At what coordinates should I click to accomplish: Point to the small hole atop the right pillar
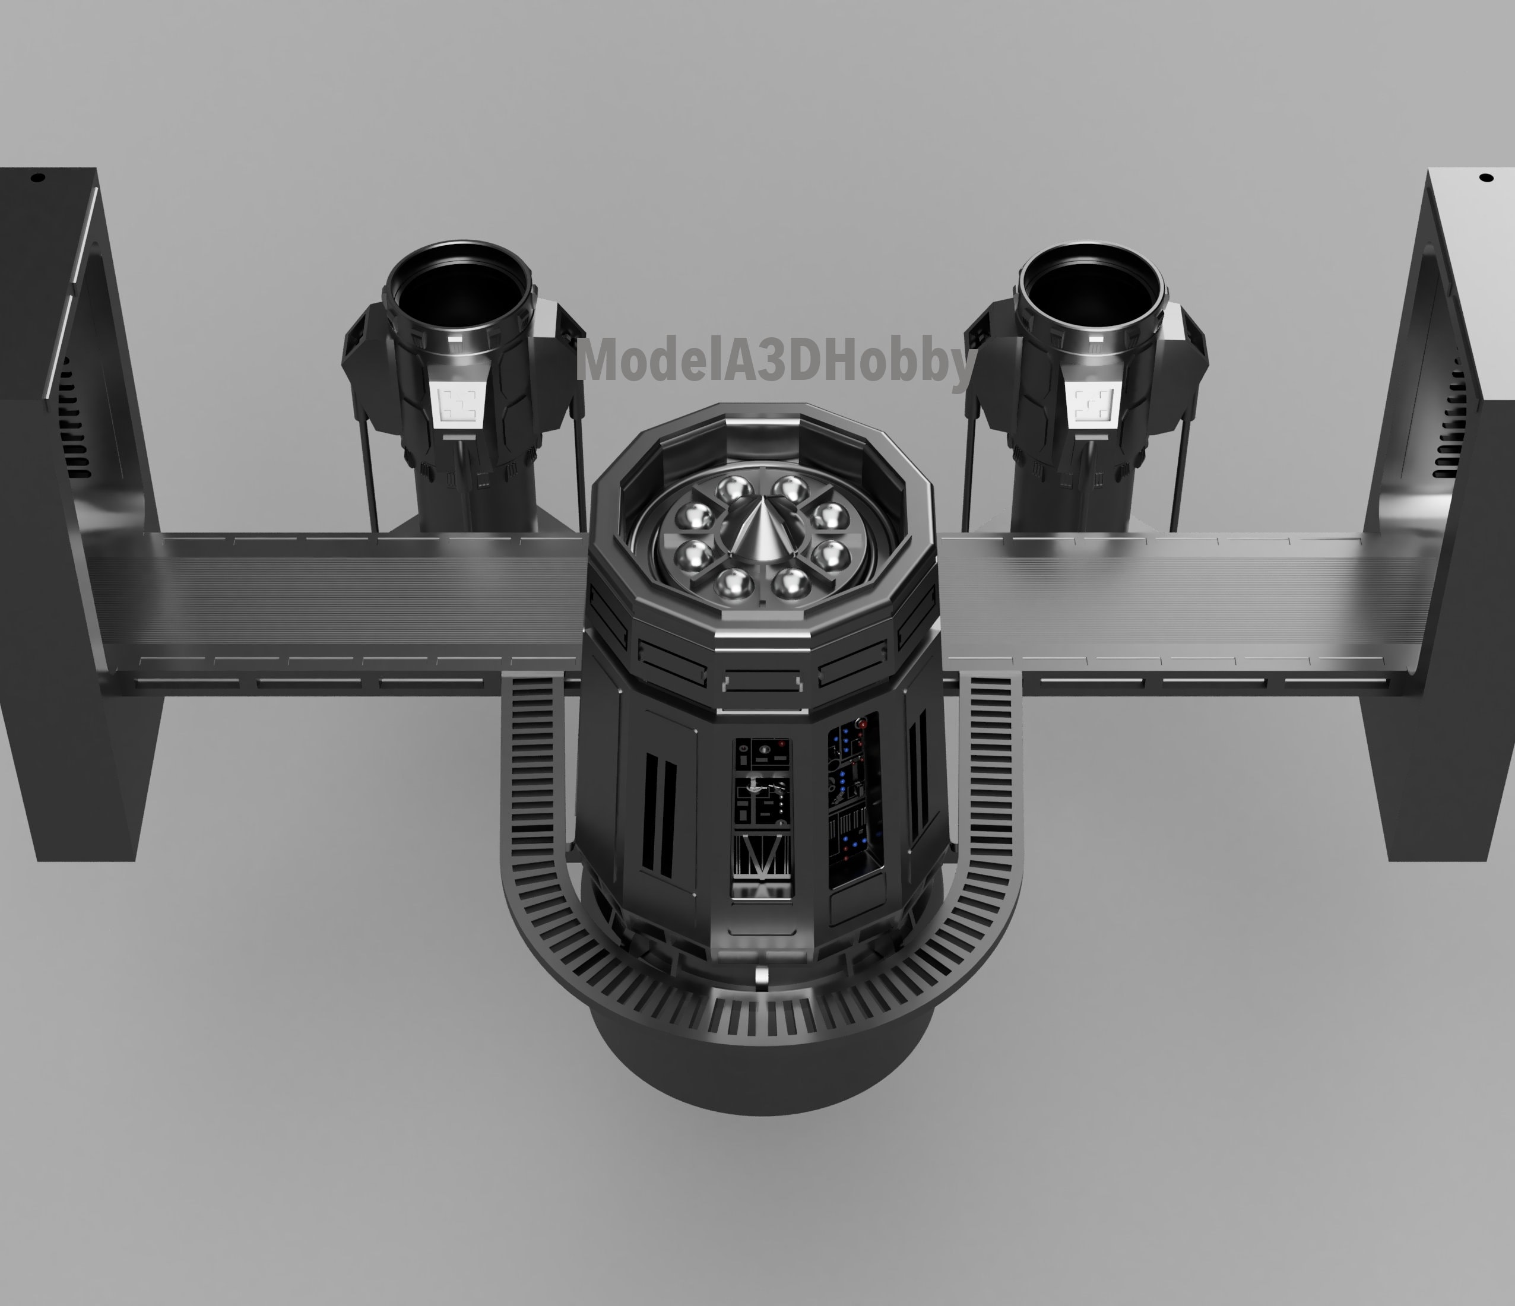click(1485, 177)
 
